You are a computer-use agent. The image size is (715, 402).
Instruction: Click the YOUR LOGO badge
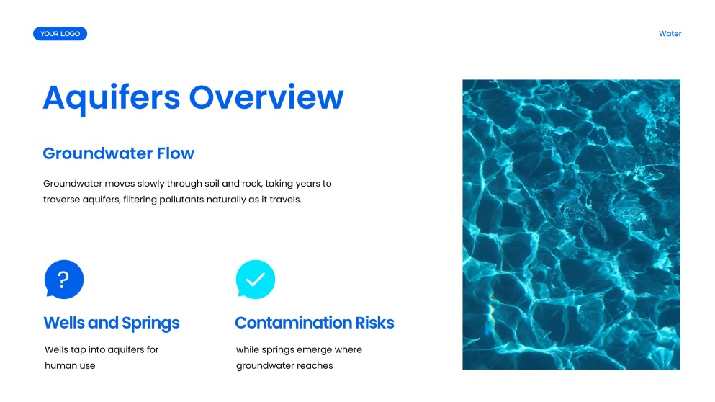[60, 34]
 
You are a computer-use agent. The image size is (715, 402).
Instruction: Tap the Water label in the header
[670, 34]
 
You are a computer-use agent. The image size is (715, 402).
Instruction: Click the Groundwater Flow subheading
[118, 153]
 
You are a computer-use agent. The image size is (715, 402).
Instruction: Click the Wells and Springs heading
[112, 323]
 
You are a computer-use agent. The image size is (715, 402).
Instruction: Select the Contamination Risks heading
[315, 323]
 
